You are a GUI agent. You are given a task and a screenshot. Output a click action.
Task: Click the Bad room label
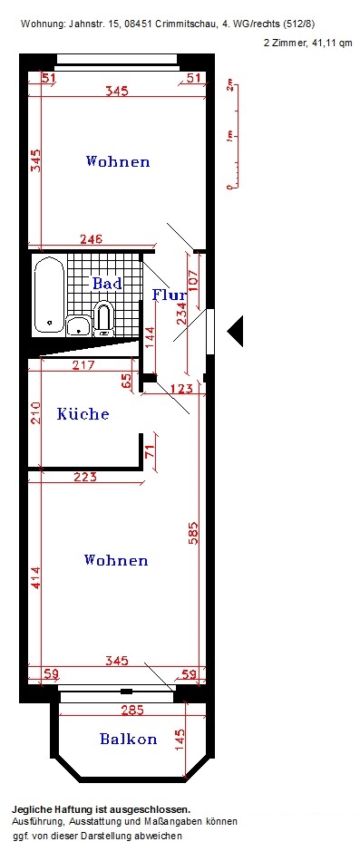coord(107,284)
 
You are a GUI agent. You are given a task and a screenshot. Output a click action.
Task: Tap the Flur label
coord(170,295)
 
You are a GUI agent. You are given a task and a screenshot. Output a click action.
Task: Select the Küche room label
coord(83,413)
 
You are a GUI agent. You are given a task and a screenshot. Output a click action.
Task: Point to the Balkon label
coord(129,739)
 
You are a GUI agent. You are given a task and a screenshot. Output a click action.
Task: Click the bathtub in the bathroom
coord(50,296)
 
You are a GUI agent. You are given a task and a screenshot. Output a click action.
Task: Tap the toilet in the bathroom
coord(102,319)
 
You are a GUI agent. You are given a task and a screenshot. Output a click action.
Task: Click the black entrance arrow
coord(235,331)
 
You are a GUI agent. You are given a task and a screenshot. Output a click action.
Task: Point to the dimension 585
coord(193,532)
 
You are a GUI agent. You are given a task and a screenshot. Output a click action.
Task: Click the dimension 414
coord(35,578)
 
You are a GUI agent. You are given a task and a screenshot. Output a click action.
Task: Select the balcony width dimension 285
coord(131,711)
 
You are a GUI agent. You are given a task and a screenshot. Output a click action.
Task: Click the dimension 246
coord(92,239)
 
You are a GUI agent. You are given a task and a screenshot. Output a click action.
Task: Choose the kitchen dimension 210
coord(35,414)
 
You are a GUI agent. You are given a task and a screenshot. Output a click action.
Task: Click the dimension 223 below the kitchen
coord(85,477)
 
